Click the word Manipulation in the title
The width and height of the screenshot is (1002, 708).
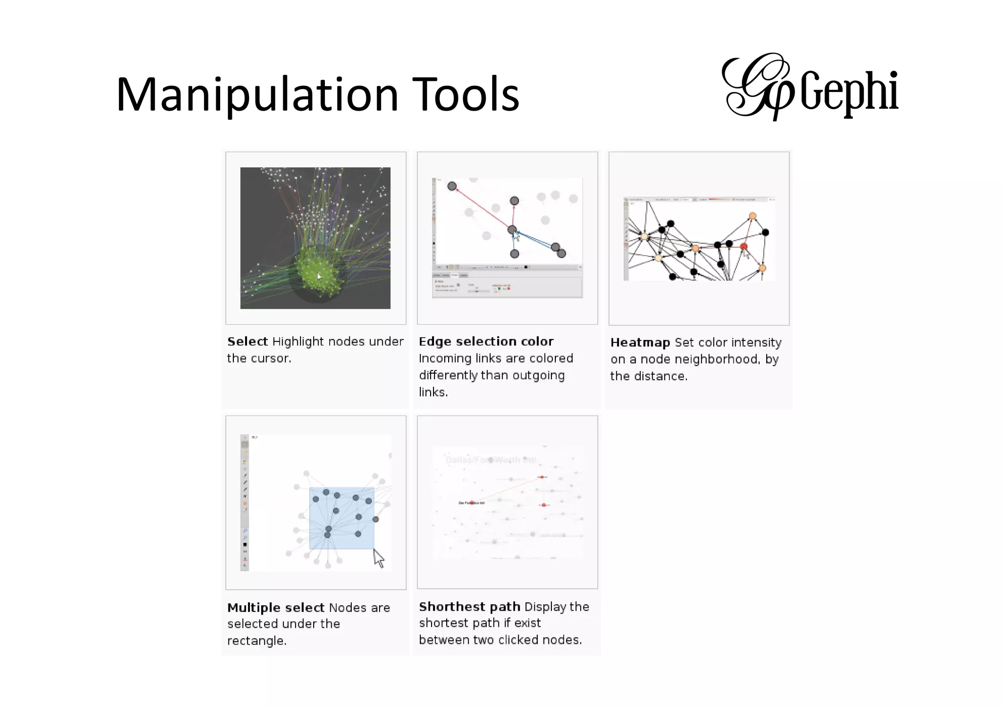[257, 95]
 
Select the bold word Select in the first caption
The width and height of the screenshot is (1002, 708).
[248, 342]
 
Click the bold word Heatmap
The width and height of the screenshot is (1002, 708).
[640, 343]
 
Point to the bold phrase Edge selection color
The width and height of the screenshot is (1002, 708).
[486, 342]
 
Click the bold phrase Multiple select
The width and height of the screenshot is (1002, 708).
[275, 608]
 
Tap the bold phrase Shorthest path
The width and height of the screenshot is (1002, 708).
[469, 607]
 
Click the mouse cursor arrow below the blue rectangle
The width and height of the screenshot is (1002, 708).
[379, 558]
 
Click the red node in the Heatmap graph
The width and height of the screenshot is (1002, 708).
[744, 246]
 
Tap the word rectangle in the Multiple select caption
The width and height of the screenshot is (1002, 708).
[256, 641]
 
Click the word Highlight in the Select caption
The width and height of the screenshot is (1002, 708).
[298, 342]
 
